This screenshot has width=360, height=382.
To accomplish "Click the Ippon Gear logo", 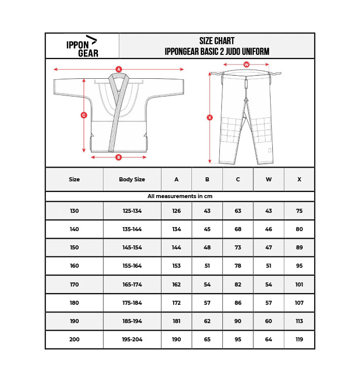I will tap(82, 46).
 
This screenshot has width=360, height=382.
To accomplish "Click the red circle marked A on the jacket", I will tap(119, 69).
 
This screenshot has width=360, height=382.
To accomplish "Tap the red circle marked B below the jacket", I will tap(119, 157).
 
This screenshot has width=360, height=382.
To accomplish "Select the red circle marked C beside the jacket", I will tap(84, 115).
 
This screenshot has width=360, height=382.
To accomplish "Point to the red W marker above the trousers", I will tap(246, 65).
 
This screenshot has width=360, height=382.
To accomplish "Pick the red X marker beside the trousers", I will tap(210, 117).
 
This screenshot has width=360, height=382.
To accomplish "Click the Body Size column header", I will tap(132, 179).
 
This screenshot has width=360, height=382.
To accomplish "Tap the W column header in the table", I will tap(269, 179).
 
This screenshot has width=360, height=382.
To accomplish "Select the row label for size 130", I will tap(74, 211).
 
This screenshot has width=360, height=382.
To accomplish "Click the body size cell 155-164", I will tap(132, 266).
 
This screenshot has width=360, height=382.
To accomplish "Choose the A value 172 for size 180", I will tap(176, 303).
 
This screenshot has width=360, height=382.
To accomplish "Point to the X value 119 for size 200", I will tap(299, 339).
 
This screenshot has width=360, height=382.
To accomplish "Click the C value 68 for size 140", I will tap(238, 229).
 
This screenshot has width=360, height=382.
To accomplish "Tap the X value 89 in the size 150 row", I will tap(299, 247).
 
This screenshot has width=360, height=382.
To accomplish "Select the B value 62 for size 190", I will tap(207, 321).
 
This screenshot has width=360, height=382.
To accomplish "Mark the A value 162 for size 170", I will tap(176, 284).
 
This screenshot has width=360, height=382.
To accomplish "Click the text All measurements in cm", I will tap(180, 196).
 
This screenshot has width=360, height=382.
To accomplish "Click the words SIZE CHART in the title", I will tap(217, 41).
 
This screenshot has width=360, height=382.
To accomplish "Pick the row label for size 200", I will tap(74, 339).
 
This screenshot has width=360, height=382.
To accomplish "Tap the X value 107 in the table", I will tap(299, 303).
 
